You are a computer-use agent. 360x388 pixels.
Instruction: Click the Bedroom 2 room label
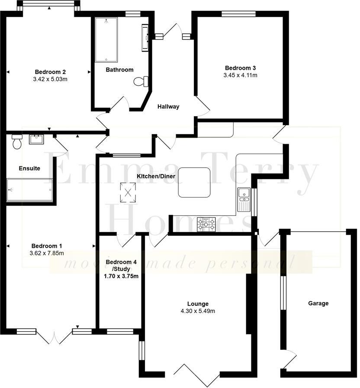point(50,71)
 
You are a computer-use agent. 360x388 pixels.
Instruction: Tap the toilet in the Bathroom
point(141,81)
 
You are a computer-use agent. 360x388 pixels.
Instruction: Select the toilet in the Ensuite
point(17,141)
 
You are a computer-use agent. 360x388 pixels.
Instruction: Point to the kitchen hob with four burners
point(206,224)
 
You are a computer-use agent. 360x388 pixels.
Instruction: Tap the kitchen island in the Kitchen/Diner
point(194,182)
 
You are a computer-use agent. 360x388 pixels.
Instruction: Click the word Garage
point(318,303)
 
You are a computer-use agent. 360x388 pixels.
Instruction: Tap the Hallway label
point(168,107)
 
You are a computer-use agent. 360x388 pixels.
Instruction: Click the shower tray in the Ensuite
point(29,190)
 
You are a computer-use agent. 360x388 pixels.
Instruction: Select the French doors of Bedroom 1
point(54,336)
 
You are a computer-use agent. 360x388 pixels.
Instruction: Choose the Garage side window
point(283,293)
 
